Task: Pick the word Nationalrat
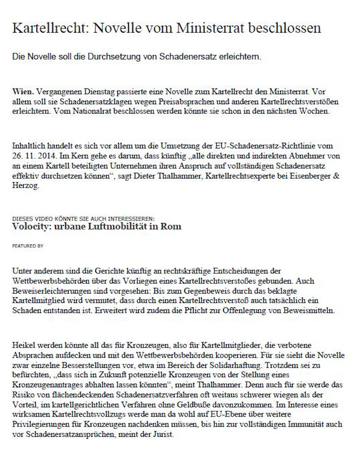coord(93,112)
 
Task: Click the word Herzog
coord(25,186)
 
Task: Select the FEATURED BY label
coord(28,246)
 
